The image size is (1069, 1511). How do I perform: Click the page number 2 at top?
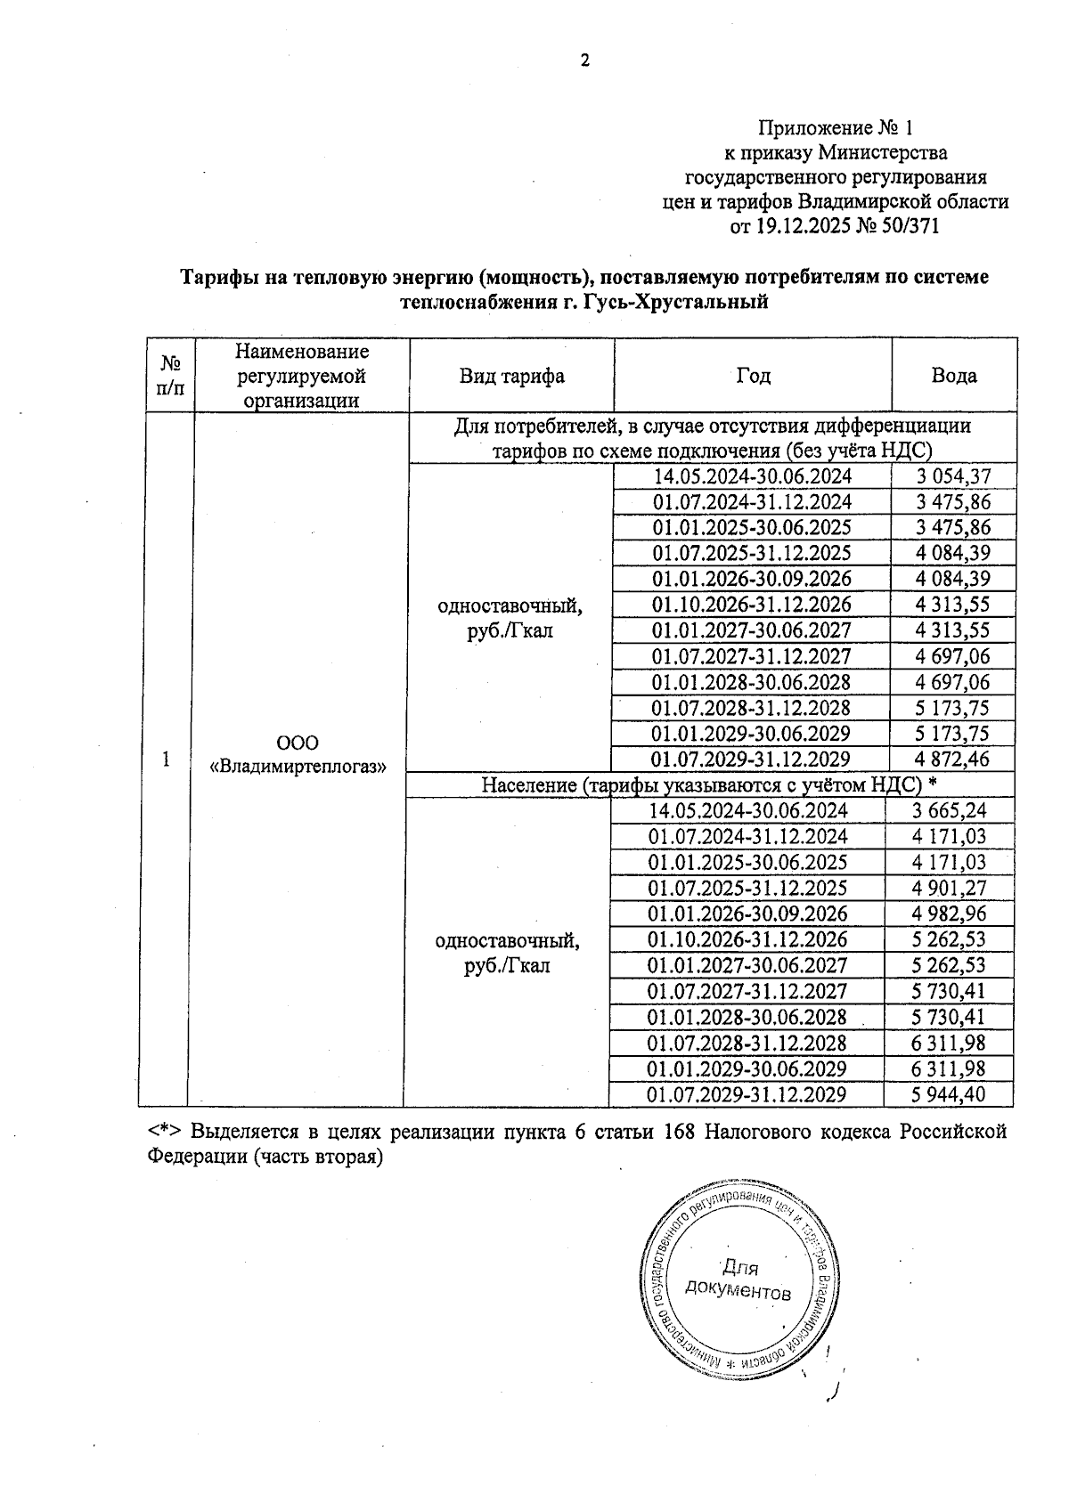[x=584, y=61]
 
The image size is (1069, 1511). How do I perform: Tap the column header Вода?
[x=953, y=375]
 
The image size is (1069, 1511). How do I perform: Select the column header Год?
[x=752, y=375]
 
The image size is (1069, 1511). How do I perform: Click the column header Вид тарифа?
[x=511, y=375]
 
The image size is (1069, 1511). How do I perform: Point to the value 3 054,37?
[x=953, y=475]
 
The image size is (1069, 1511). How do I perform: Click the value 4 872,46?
[x=953, y=760]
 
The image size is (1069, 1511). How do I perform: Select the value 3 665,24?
[x=950, y=810]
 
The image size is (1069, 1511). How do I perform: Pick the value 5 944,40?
[x=950, y=1094]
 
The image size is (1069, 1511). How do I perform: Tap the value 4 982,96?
[x=950, y=914]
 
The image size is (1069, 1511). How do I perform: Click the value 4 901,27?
[x=950, y=888]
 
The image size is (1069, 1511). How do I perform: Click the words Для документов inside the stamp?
[x=738, y=1279]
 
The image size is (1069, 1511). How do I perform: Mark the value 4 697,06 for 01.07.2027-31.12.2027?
[x=953, y=656]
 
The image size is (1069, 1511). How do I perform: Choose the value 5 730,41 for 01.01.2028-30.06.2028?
[x=950, y=1017]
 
